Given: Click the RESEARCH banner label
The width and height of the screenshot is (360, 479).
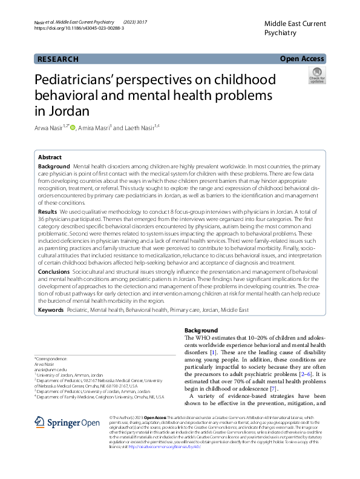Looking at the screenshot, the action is (58, 59).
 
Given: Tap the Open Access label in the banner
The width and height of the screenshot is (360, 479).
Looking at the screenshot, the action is (302, 59).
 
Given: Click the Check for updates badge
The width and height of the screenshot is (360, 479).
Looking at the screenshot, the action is (316, 76).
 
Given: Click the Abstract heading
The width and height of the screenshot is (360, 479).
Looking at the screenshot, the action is (50, 156).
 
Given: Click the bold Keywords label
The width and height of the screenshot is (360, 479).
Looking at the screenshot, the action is (51, 310).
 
